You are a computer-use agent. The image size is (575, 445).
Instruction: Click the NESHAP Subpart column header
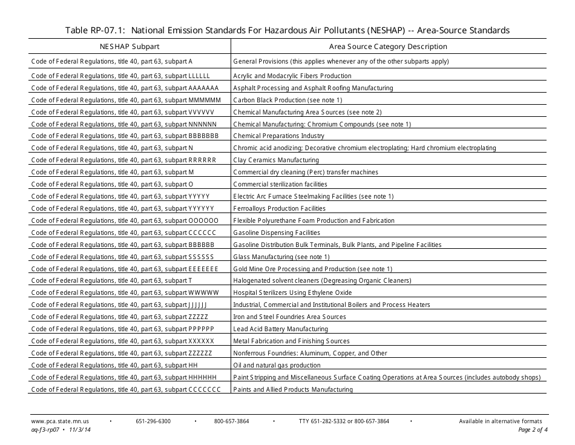tap(130, 47)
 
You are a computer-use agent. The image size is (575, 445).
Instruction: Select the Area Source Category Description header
tap(388, 47)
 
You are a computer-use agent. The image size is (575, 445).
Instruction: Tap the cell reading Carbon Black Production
tap(287, 100)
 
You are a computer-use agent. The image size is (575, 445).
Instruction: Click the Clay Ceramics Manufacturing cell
tap(276, 160)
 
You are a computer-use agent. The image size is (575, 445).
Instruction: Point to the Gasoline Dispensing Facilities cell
tap(277, 232)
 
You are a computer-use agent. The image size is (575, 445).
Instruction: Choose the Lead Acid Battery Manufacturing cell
tap(281, 329)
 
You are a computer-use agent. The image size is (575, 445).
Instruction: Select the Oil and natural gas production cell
tap(277, 365)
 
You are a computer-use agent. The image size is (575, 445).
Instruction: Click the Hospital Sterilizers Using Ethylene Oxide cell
tap(292, 292)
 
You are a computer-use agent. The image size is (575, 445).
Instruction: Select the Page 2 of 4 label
tap(533, 430)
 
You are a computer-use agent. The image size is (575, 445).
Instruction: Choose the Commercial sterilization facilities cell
tap(280, 184)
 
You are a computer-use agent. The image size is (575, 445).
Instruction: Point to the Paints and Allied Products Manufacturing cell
tap(293, 389)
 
